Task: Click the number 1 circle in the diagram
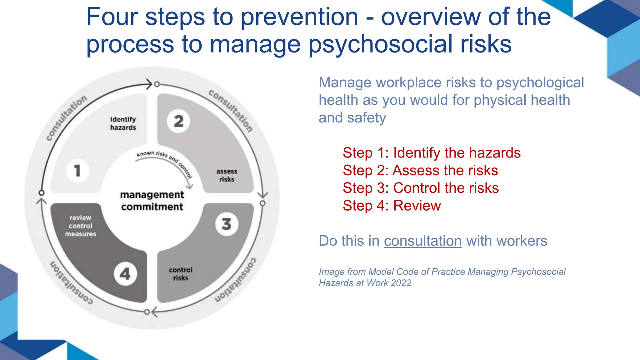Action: [x=77, y=171]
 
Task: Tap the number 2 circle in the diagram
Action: [x=178, y=121]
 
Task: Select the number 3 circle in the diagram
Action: [x=227, y=224]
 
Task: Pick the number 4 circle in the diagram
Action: [x=125, y=274]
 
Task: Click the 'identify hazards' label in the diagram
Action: [x=123, y=123]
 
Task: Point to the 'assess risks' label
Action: [x=227, y=175]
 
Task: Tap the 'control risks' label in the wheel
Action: [x=181, y=274]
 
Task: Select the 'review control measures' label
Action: [x=81, y=226]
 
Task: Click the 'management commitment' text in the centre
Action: [x=152, y=201]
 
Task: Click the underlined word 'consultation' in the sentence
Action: [x=423, y=241]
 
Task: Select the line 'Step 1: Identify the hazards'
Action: [x=432, y=153]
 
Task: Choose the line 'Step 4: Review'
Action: [x=392, y=206]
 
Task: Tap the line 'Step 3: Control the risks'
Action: [x=421, y=188]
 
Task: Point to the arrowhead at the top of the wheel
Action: [x=149, y=84]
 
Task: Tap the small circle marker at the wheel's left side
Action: [x=41, y=192]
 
